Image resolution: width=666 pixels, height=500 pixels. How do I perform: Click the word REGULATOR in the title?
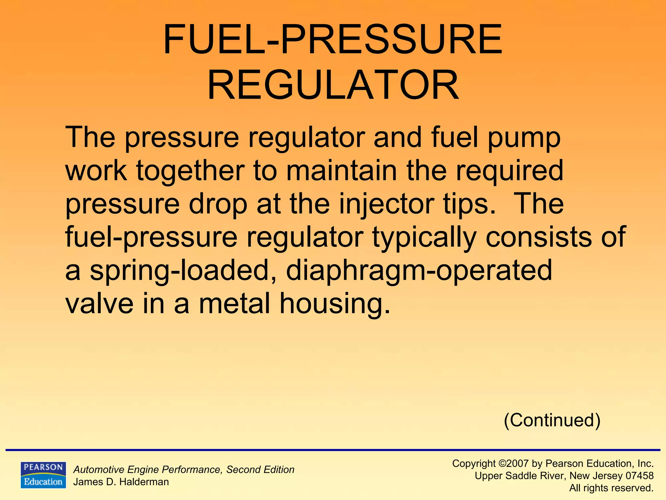(x=333, y=85)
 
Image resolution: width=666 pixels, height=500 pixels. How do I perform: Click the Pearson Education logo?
(x=43, y=475)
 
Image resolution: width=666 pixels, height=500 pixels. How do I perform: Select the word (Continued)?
(x=552, y=420)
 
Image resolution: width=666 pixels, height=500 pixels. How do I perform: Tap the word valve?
(x=100, y=303)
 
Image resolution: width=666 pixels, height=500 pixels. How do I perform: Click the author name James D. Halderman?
(x=121, y=482)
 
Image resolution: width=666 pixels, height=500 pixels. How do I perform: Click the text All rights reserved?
(x=611, y=488)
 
